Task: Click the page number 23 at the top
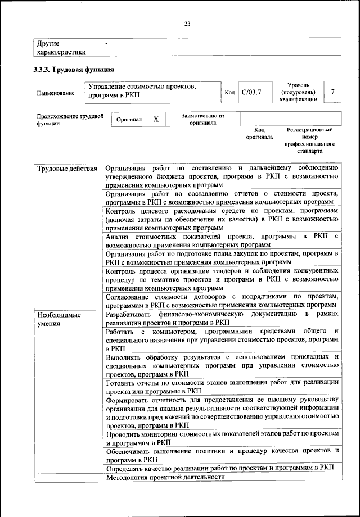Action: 187,23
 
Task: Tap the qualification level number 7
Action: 334,92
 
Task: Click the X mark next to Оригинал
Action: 156,119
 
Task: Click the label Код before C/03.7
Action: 229,92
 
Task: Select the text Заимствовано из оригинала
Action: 203,119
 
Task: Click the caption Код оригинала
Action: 259,133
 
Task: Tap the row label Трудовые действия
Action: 67,168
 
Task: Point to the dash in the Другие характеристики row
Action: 107,43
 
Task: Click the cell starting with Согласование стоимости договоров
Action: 222,300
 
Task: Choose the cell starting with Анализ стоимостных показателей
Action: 222,240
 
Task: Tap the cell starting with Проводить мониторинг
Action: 222,438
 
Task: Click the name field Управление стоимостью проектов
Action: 152,92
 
